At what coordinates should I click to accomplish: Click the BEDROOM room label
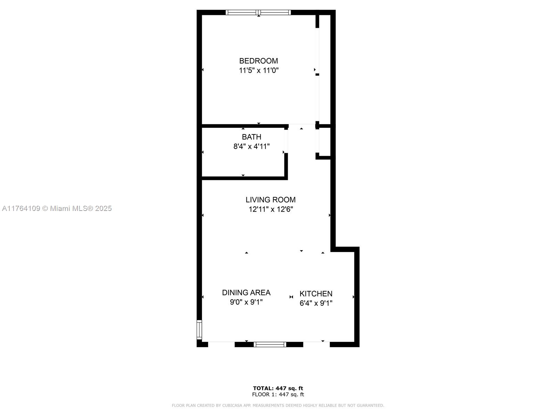point(259,61)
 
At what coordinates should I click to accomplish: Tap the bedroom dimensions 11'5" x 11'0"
point(259,71)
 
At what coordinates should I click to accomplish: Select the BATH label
point(251,137)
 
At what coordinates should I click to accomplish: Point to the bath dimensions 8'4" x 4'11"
point(251,146)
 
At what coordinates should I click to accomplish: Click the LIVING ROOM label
point(270,200)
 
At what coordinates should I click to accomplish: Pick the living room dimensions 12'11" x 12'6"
point(270,210)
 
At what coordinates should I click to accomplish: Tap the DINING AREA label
point(246,293)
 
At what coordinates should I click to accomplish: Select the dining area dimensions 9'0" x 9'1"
point(246,302)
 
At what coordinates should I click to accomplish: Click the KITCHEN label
point(316,294)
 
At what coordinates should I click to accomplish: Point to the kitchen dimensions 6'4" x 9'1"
point(316,303)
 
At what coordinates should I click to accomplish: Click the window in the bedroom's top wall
point(258,13)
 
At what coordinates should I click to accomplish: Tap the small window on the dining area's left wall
point(199,330)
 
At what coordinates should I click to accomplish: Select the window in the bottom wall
point(270,344)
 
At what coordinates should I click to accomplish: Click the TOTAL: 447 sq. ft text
point(278,389)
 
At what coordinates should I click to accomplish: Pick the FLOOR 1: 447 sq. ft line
point(278,394)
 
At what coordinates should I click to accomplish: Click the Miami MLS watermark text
point(57,208)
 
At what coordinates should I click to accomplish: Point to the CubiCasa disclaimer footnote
point(278,405)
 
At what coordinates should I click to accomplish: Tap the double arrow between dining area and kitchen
point(291,297)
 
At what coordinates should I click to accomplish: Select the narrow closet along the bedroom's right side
point(325,69)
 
